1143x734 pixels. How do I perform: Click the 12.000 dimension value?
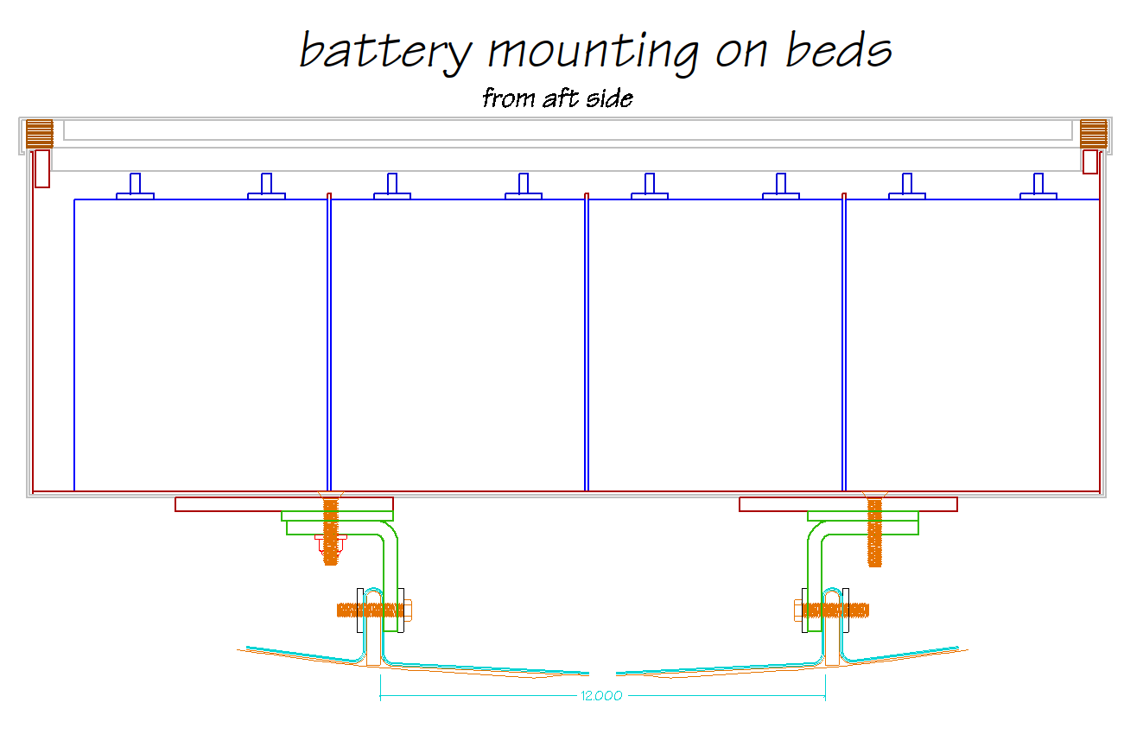pyautogui.click(x=602, y=696)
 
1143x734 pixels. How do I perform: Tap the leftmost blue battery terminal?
pyautogui.click(x=135, y=187)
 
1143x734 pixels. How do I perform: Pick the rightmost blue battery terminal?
pyautogui.click(x=1038, y=187)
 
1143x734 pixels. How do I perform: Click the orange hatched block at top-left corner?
pyautogui.click(x=39, y=134)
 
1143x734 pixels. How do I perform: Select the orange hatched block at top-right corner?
pyautogui.click(x=1093, y=134)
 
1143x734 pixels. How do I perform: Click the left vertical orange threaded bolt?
pyautogui.click(x=330, y=531)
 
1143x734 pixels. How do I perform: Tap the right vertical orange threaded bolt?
pyautogui.click(x=874, y=531)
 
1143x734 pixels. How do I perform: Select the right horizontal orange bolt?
pyautogui.click(x=831, y=610)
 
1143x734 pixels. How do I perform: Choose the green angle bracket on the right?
pyautogui.click(x=814, y=553)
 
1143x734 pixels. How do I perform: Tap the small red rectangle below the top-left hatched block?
pyautogui.click(x=41, y=168)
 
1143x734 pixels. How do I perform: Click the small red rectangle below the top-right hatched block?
pyautogui.click(x=1090, y=162)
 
